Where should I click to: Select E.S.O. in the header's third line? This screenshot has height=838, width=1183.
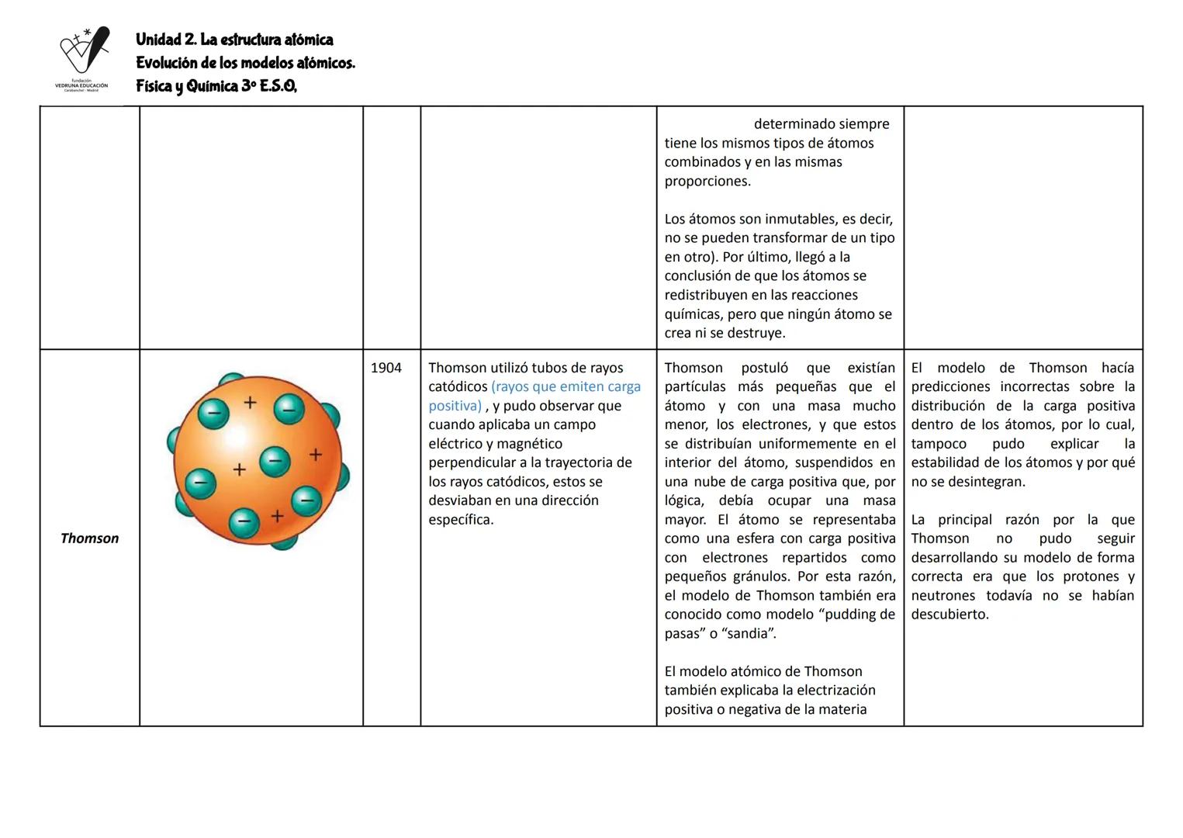[278, 86]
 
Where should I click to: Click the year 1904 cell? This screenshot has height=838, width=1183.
[386, 368]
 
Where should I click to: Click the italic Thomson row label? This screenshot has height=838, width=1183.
[89, 538]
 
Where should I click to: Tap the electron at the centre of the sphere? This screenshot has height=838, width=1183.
[274, 461]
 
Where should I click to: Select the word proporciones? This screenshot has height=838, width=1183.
[707, 182]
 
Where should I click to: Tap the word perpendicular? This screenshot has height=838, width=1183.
[472, 463]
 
